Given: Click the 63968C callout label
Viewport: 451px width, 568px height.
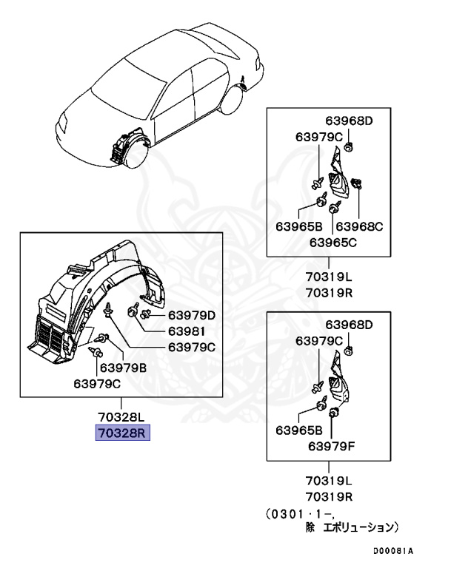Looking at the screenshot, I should (x=358, y=226).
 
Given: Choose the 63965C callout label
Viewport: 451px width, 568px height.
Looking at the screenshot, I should (x=333, y=241).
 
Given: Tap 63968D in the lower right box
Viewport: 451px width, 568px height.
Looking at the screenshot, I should (x=349, y=325).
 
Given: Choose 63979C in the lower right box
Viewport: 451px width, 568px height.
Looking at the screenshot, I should (x=319, y=340).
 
